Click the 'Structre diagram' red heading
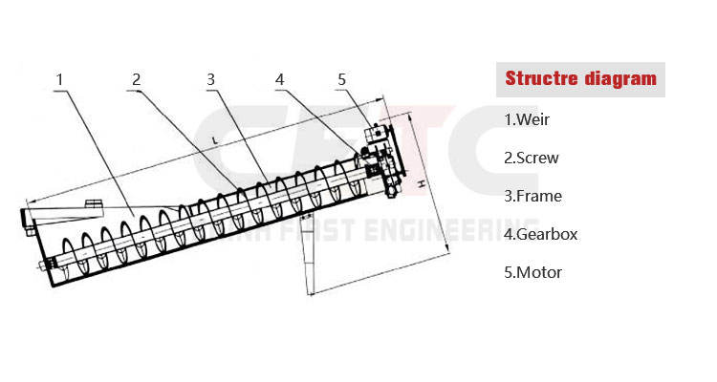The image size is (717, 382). click(580, 78)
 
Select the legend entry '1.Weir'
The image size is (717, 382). click(527, 120)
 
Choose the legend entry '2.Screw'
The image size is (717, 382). click(532, 159)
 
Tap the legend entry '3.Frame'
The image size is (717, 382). click(532, 197)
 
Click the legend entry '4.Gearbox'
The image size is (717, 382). click(540, 234)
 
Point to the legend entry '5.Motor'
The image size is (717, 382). click(532, 272)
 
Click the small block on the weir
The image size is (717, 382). click(92, 205)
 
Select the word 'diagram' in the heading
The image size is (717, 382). click(620, 78)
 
